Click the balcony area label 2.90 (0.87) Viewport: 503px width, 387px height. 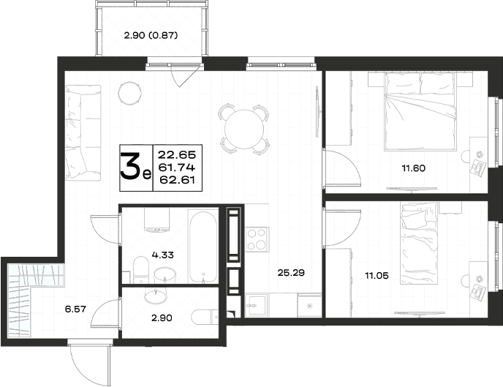coord(151,35)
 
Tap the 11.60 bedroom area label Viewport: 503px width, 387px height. coord(414,168)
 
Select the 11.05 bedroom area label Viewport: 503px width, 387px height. coord(377,275)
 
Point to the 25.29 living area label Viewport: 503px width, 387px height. coord(291,273)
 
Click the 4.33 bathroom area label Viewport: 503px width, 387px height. coord(162,255)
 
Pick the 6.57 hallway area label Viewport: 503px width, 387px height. coord(75,309)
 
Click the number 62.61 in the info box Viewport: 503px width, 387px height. coord(178,180)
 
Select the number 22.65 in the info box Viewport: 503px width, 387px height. coord(177,155)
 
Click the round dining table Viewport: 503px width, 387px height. coord(244,129)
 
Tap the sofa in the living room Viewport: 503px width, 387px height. coord(83,132)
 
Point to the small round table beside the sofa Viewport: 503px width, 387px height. coord(129,93)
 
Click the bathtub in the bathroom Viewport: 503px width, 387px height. coord(203,247)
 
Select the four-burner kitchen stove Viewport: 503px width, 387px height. coord(257,238)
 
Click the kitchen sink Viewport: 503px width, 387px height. coord(256,306)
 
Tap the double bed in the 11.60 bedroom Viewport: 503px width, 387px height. coord(420,111)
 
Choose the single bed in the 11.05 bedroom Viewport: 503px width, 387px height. coord(419,243)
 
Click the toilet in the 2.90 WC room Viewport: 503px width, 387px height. coord(205,317)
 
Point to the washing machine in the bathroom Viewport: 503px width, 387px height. coord(157,219)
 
